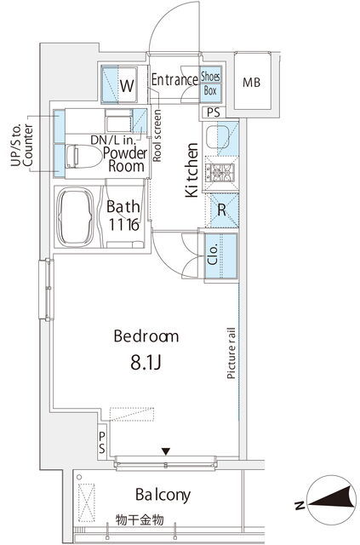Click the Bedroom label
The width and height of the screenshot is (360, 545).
click(x=146, y=336)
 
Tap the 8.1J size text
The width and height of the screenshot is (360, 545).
click(x=146, y=363)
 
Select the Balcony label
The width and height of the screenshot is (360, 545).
click(x=163, y=495)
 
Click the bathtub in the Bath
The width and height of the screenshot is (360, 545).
click(x=76, y=217)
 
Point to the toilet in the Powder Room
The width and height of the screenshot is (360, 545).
click(x=83, y=156)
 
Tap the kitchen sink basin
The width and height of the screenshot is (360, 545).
click(x=218, y=137)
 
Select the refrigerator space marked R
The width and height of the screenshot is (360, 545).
click(x=221, y=210)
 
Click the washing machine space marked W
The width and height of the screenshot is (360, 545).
click(x=119, y=84)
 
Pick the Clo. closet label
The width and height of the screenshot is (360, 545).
click(x=213, y=255)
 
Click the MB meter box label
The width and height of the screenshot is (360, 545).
click(x=251, y=83)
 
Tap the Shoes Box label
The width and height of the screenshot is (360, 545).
click(x=210, y=83)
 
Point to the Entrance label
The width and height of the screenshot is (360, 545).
click(x=174, y=79)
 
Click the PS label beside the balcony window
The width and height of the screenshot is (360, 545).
click(x=102, y=442)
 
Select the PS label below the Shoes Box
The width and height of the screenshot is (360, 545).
click(x=214, y=112)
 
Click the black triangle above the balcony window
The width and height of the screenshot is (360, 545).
click(x=167, y=451)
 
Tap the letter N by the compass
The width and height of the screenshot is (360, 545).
click(x=299, y=505)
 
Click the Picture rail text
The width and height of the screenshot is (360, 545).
click(x=231, y=353)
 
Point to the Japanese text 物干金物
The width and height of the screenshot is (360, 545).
click(x=140, y=520)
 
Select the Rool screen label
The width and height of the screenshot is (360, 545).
click(x=157, y=135)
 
